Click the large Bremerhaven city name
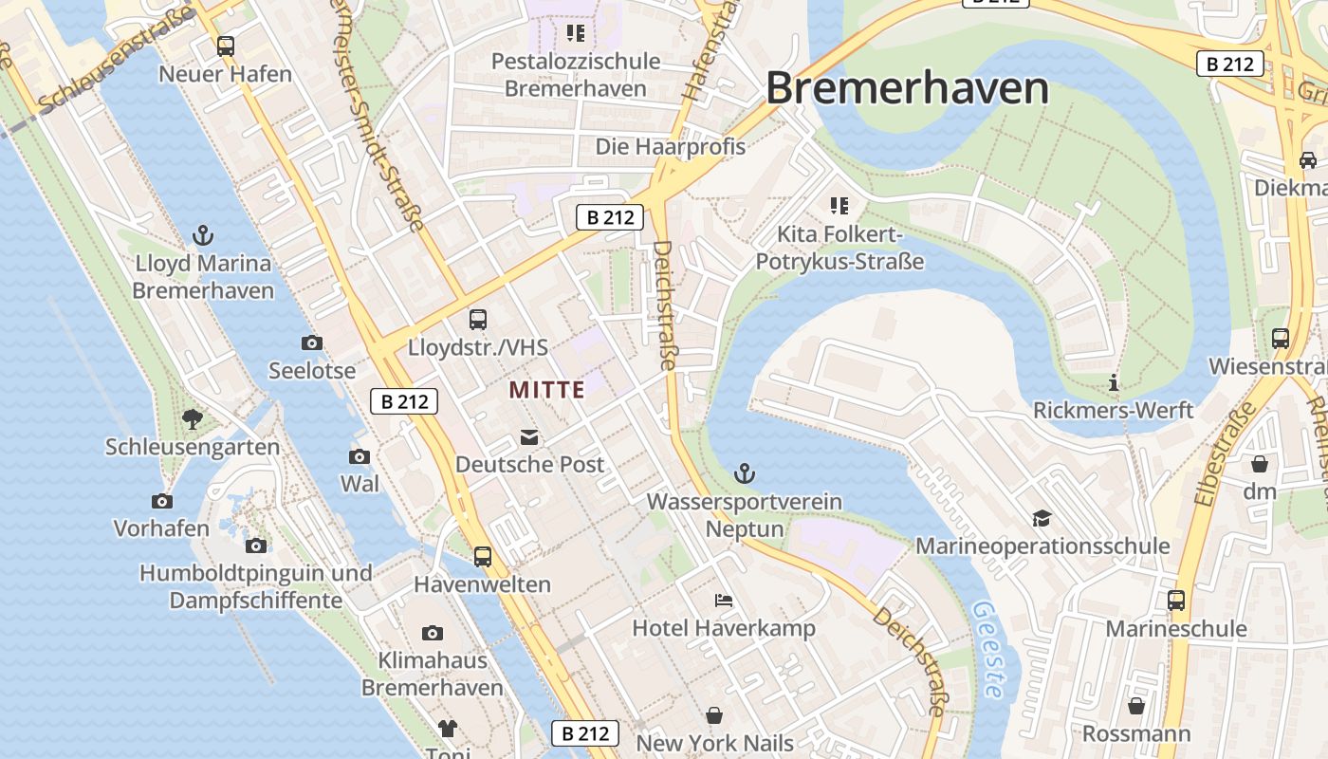tap(907, 88)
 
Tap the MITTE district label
tap(546, 390)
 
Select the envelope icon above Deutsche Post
tap(528, 437)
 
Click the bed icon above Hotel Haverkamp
tap(724, 601)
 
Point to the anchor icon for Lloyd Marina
tap(202, 235)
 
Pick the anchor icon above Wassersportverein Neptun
tap(746, 473)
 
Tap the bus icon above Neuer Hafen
tap(225, 46)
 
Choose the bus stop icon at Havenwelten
tap(483, 557)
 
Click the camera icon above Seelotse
tap(311, 343)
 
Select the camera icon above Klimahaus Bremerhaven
tap(433, 633)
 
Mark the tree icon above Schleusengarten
tap(193, 418)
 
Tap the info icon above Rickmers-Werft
tap(1114, 383)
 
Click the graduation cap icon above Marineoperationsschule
tap(1042, 518)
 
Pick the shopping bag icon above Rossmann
tap(1136, 707)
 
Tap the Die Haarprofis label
tap(670, 147)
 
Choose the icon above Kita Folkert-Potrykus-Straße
tap(839, 206)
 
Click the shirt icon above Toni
tap(448, 729)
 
